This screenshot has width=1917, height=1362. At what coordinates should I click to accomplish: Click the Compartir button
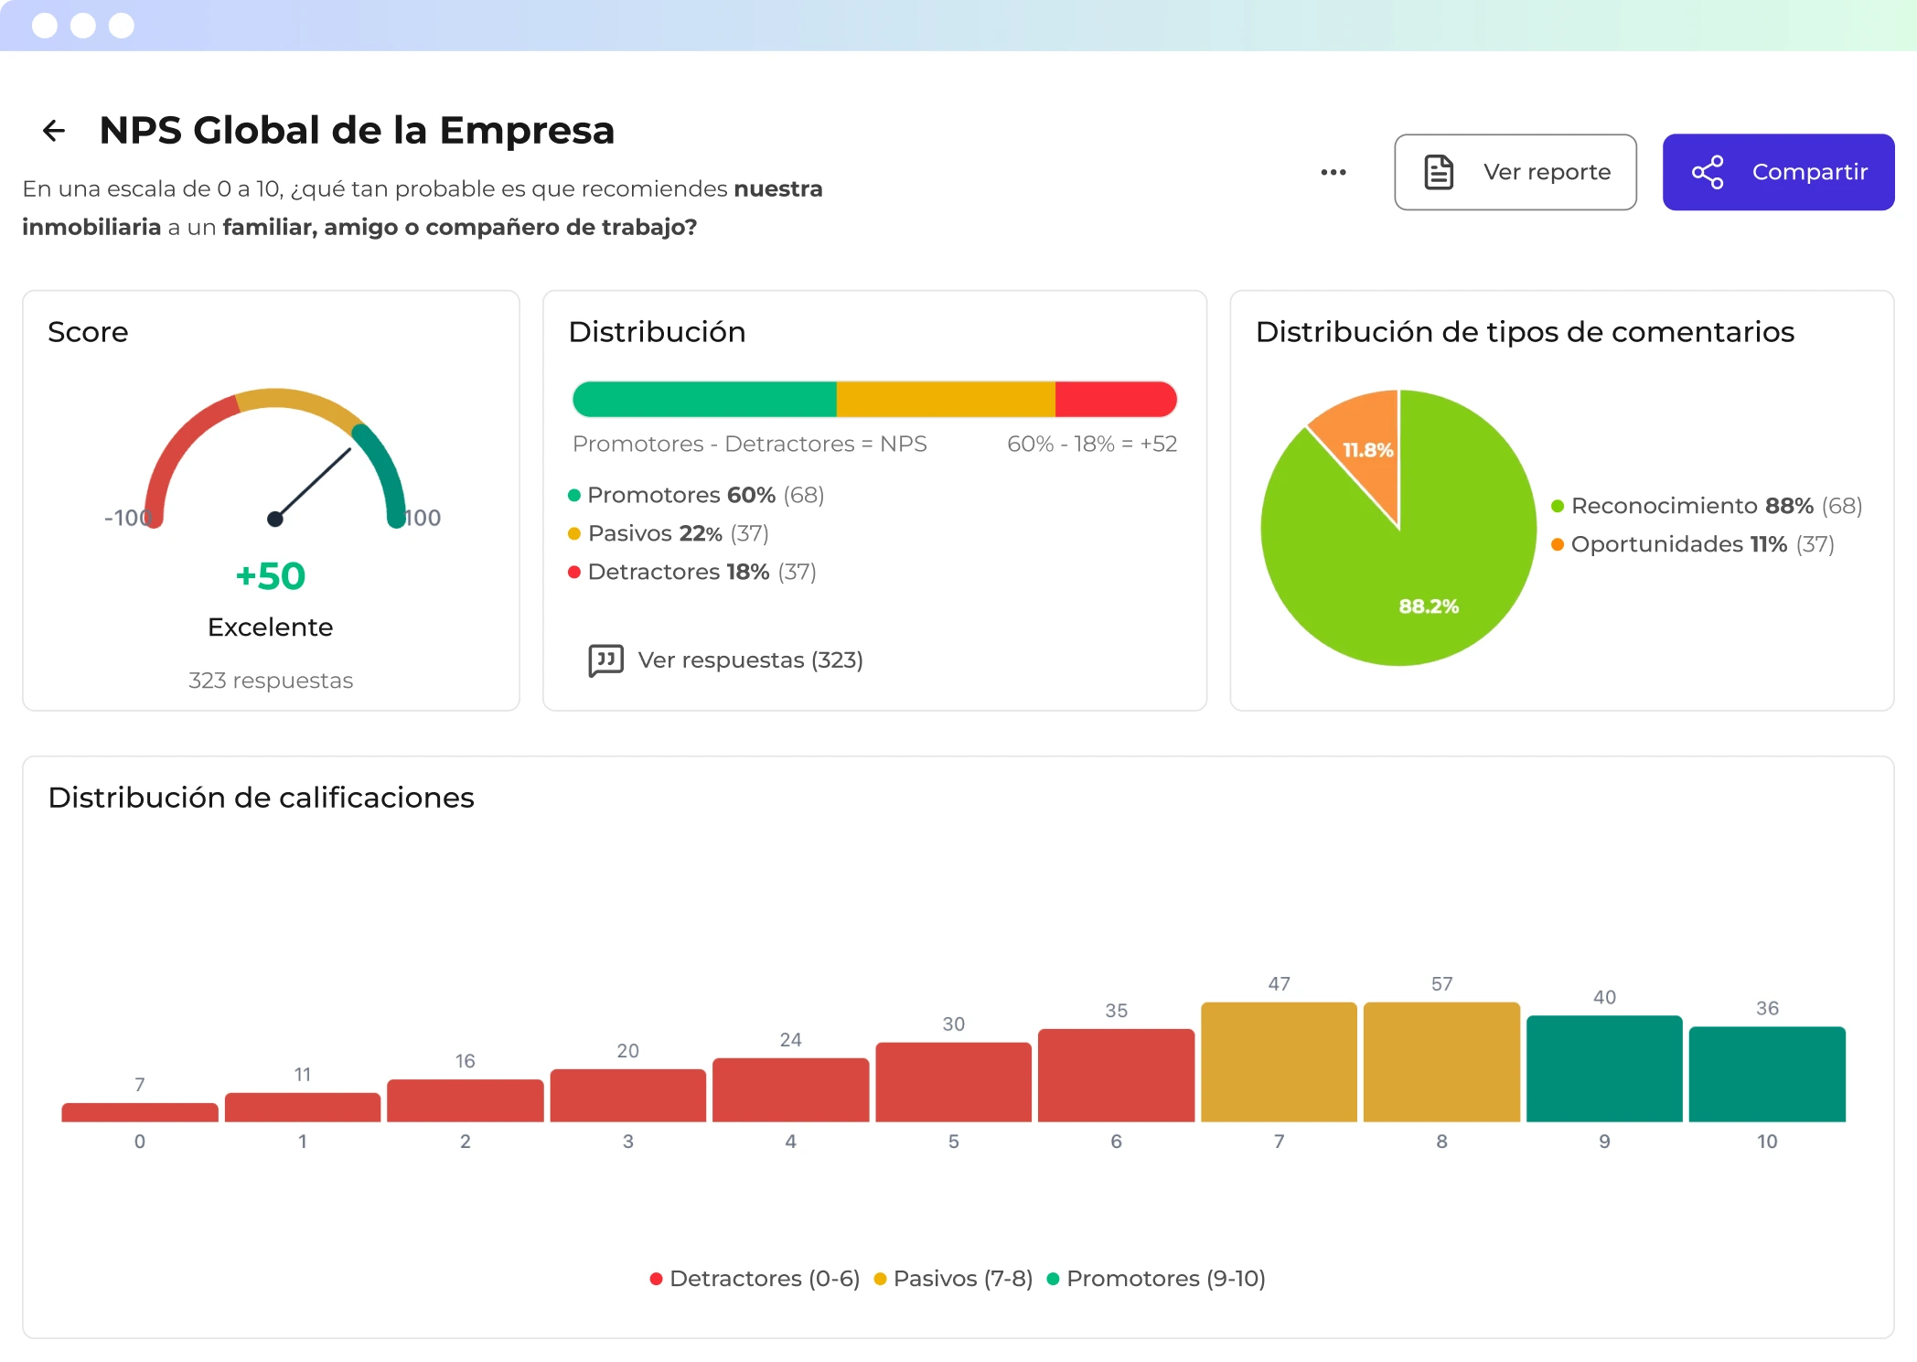click(x=1777, y=172)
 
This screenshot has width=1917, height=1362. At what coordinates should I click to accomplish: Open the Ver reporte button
click(x=1515, y=172)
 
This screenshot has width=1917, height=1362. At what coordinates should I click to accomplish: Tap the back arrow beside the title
click(x=54, y=131)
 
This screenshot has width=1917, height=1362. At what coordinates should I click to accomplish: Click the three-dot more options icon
click(x=1333, y=172)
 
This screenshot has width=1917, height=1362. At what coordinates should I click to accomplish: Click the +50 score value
click(x=271, y=576)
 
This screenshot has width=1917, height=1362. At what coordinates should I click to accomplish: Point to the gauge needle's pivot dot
click(x=274, y=519)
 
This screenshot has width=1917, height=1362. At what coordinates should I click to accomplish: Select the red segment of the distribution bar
click(x=1114, y=400)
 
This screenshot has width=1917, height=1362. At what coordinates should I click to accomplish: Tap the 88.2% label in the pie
click(x=1428, y=606)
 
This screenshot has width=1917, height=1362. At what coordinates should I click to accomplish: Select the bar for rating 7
click(x=1278, y=1062)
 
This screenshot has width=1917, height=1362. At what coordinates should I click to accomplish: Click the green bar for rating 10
click(x=1766, y=1074)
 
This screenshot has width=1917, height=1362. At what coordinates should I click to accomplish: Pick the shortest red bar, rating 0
click(x=139, y=1112)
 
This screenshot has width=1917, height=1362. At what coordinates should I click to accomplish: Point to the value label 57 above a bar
click(x=1441, y=984)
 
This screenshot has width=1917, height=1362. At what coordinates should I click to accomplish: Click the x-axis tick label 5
click(x=953, y=1142)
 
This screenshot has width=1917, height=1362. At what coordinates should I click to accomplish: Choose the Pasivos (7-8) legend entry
click(x=954, y=1279)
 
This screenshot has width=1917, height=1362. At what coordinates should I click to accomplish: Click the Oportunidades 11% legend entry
click(x=1692, y=544)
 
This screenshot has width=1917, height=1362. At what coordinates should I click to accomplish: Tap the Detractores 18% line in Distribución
click(x=691, y=572)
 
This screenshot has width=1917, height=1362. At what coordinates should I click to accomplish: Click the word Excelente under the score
click(x=270, y=627)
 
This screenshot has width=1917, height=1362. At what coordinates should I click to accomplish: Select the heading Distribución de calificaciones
click(x=261, y=798)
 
